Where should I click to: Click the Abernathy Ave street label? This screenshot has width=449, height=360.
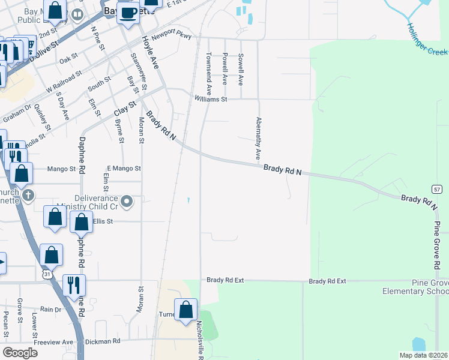[259, 139]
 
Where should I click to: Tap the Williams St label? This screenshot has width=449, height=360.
[210, 100]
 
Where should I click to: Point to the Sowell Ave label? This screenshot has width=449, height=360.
[241, 69]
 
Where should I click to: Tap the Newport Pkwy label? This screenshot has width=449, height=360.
[171, 37]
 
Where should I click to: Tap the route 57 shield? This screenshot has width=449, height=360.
[436, 189]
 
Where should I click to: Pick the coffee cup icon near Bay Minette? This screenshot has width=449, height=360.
[127, 13]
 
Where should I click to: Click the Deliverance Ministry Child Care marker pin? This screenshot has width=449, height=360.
[127, 201]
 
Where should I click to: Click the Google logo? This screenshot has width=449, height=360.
[20, 353]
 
